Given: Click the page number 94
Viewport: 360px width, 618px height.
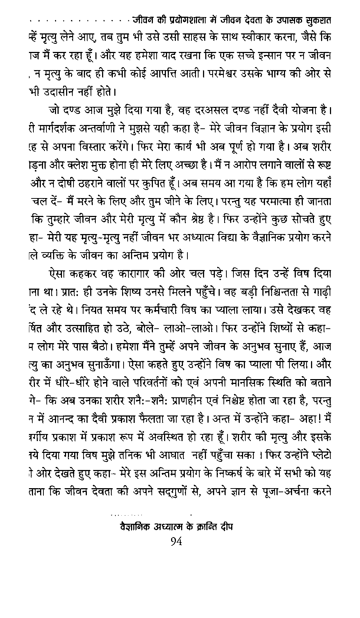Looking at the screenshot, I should click(x=176, y=541).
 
